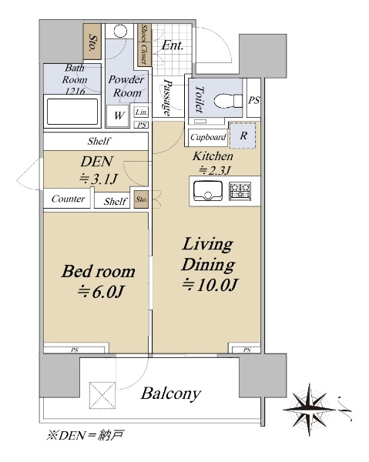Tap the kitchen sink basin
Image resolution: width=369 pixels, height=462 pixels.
[x=208, y=191]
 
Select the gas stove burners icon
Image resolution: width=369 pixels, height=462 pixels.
[x=240, y=191]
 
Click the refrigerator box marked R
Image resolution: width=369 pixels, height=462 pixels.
[x=243, y=136]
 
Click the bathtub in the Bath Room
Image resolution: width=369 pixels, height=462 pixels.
[x=72, y=112]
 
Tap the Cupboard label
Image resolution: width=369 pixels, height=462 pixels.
[x=208, y=137]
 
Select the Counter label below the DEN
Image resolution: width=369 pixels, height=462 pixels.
[x=68, y=199]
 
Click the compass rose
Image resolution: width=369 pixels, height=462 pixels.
[x=309, y=410]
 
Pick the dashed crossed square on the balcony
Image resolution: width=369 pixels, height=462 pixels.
[x=102, y=395]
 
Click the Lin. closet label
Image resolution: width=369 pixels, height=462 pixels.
[x=141, y=112]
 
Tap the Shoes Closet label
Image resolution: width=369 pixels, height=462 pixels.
[x=144, y=45]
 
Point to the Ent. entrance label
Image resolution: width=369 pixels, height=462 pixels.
[x=173, y=45]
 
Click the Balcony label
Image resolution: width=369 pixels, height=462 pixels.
[x=171, y=393]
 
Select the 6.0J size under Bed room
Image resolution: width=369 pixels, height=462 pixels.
[x=101, y=292]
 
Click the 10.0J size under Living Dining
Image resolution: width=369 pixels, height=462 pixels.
[x=210, y=285]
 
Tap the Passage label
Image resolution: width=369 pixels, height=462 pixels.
[x=167, y=97]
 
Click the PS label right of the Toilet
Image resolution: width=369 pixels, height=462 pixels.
[x=253, y=100]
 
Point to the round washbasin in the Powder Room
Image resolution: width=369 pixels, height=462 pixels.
[x=120, y=31]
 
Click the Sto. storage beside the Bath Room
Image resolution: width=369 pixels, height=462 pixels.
[x=92, y=42]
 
